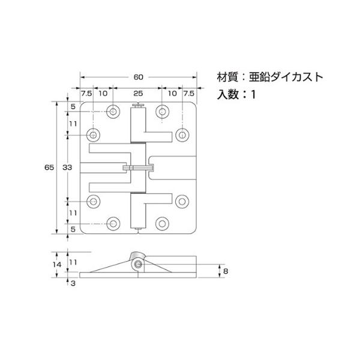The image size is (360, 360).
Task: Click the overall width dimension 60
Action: click(x=138, y=77)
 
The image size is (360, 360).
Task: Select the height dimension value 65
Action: click(x=49, y=167)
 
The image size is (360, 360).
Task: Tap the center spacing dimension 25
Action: click(x=138, y=94)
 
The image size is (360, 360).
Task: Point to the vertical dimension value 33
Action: click(x=67, y=167)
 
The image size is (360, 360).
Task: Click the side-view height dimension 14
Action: click(x=57, y=265)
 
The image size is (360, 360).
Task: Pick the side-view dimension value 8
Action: click(x=226, y=271)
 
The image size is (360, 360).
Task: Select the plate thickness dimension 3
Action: click(x=73, y=283)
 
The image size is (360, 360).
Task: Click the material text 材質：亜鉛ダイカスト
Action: click(x=270, y=77)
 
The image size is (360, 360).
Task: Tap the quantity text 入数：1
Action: click(x=236, y=94)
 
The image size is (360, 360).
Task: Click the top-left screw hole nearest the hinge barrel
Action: click(x=113, y=112)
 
